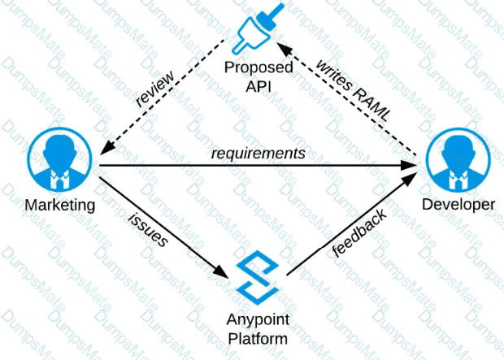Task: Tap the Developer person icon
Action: (x=456, y=160)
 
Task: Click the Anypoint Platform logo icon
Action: (x=258, y=277)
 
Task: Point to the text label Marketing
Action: (x=59, y=206)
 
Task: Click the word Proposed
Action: (x=259, y=69)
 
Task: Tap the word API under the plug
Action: (x=259, y=86)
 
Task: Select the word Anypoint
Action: (x=259, y=319)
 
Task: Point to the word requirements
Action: (x=259, y=152)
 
